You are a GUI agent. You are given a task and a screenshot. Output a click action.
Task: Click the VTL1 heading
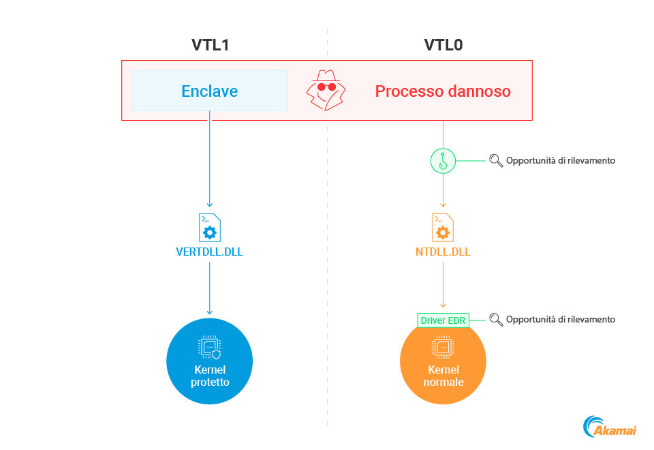point(209,46)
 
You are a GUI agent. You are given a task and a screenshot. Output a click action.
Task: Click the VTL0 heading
point(443,46)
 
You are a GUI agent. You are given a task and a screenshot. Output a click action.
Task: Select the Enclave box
point(209,91)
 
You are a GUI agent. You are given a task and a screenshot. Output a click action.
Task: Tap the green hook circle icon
point(443,161)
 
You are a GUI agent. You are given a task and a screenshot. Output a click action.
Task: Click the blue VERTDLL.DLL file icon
point(209,227)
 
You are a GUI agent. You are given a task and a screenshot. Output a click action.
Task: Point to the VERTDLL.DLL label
point(209,252)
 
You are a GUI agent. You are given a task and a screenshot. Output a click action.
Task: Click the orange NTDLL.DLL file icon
point(443,227)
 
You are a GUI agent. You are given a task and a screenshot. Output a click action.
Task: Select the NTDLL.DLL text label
point(443,252)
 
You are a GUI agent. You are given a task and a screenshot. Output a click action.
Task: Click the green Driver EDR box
point(443,320)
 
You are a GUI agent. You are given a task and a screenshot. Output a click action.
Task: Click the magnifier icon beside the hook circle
point(496,161)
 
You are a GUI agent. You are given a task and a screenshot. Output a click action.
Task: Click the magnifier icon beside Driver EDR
point(496,319)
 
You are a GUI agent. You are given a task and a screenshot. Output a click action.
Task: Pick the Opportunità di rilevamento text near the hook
point(561,161)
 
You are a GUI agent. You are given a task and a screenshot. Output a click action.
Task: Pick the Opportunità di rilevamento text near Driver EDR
point(561,319)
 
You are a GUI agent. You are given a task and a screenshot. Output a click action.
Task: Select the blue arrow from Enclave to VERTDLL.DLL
point(209,164)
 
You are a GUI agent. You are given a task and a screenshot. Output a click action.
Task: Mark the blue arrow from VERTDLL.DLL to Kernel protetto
point(209,286)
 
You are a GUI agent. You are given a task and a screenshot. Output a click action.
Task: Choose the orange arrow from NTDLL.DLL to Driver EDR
point(443,283)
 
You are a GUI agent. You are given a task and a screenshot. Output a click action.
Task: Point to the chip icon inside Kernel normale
point(443,348)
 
